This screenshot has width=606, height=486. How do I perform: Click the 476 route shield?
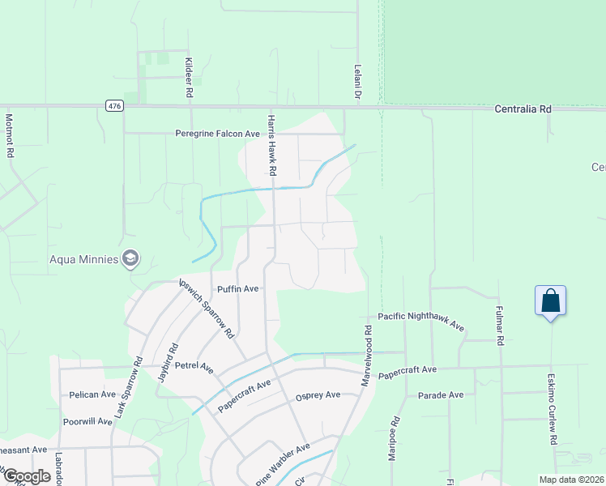tap(113, 106)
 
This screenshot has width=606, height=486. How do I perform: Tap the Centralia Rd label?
tap(523, 108)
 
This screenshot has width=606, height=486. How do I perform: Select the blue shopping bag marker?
tap(550, 301)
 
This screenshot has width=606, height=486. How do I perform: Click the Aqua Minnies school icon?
tap(130, 259)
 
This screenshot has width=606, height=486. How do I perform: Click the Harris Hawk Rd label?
tap(272, 145)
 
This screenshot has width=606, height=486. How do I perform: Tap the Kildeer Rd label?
tap(189, 78)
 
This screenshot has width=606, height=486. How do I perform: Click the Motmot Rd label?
tap(10, 134)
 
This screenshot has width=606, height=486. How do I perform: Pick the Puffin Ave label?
tap(237, 288)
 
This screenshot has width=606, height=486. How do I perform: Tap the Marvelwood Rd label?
tap(367, 355)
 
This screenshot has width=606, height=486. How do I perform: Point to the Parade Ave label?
tap(441, 394)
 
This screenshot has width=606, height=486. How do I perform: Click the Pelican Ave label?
tap(92, 394)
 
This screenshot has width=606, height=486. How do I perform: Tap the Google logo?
tap(26, 476)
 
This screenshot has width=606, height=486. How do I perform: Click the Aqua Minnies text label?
tap(78, 260)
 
